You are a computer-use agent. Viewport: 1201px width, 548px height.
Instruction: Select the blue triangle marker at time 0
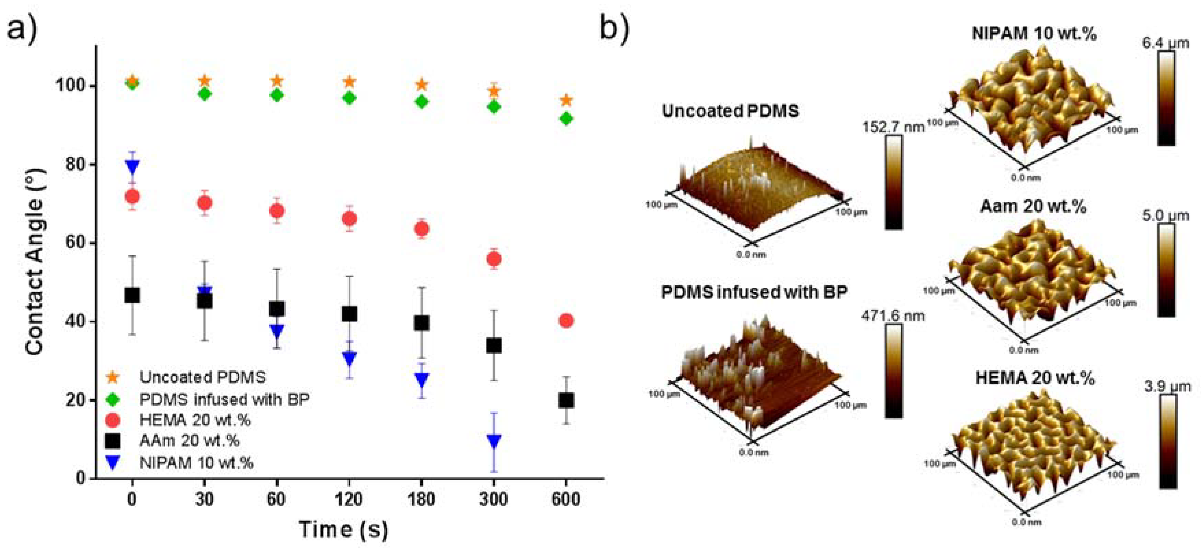click(x=133, y=166)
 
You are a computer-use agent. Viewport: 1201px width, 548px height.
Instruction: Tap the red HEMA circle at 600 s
click(x=566, y=321)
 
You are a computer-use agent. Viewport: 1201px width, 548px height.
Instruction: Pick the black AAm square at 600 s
click(x=566, y=400)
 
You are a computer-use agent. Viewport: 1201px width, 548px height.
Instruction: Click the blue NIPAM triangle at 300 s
click(x=494, y=441)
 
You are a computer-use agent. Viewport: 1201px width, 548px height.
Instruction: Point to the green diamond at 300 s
click(x=494, y=107)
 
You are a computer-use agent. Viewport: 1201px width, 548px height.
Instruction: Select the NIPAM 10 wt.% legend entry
click(x=196, y=463)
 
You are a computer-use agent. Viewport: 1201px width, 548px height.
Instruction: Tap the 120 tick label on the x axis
click(x=349, y=500)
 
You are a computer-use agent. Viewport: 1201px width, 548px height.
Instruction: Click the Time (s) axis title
click(x=344, y=530)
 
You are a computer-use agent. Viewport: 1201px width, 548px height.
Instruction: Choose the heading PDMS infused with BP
click(x=754, y=292)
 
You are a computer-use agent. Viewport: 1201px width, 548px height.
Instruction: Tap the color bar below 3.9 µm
click(x=1167, y=441)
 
